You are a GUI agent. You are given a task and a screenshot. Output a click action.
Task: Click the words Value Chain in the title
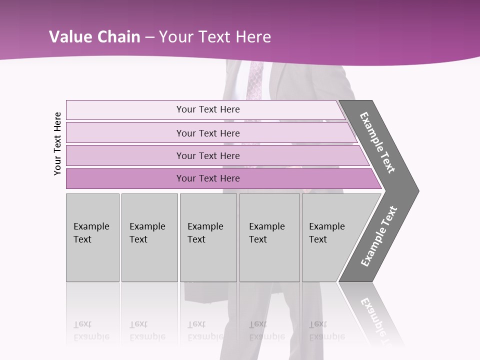pos(94,37)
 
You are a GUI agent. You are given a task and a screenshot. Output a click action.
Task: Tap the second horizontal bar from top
pos(208,133)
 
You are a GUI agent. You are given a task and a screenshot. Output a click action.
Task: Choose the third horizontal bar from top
pos(208,155)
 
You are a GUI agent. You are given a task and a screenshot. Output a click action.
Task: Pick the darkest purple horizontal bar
pos(208,178)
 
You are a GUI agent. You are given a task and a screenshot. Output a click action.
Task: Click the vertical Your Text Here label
pos(57,143)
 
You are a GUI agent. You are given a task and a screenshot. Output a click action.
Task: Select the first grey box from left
pos(92,237)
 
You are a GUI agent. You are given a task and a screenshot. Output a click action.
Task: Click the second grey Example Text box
pos(149,237)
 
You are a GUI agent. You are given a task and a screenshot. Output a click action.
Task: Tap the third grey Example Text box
pos(208,237)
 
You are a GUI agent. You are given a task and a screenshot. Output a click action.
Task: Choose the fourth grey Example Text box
pos(269,237)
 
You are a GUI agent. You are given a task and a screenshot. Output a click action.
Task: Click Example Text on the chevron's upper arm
pos(377,142)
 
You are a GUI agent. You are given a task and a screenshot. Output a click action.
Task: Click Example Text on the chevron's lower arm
pos(379,236)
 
